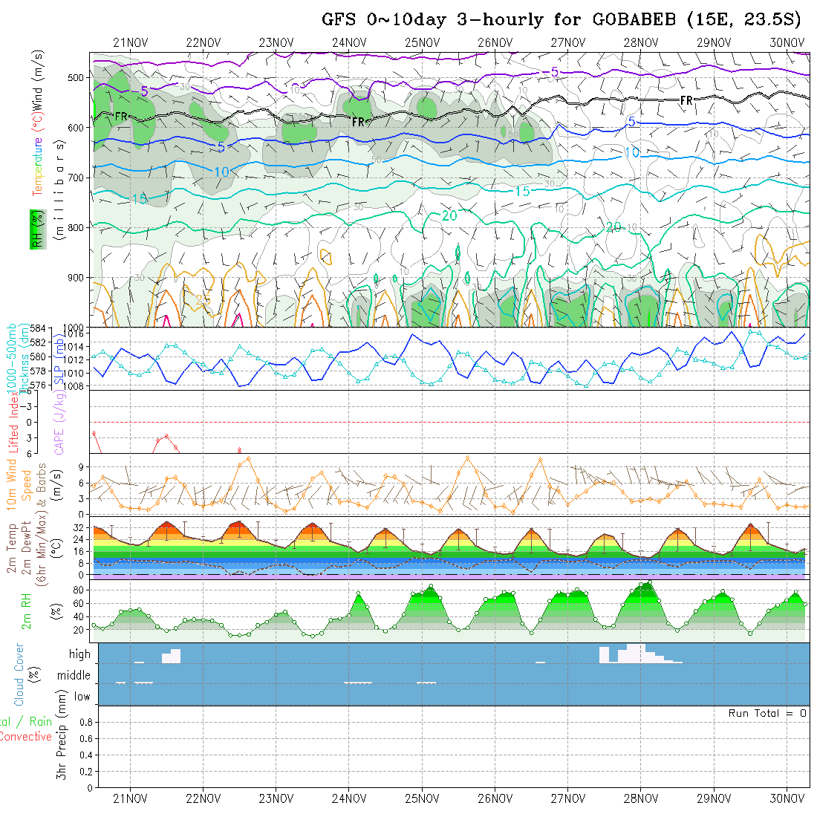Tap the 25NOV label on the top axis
(x=421, y=42)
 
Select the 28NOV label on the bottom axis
(x=640, y=798)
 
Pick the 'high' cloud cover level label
(x=79, y=654)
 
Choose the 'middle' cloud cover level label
(x=74, y=676)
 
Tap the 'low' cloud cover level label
(x=82, y=697)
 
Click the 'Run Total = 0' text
(x=767, y=713)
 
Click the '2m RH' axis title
(x=26, y=611)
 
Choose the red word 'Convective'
(x=26, y=737)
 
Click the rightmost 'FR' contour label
(x=686, y=100)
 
